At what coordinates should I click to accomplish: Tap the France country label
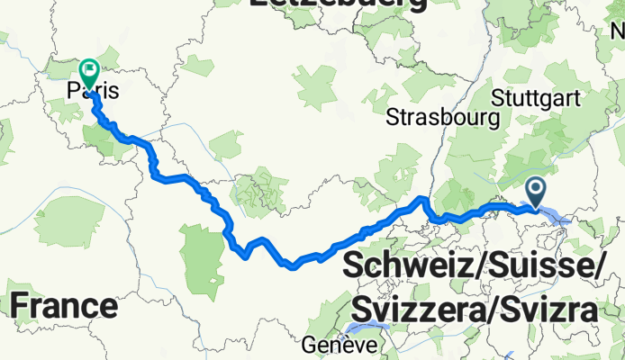click(x=64, y=306)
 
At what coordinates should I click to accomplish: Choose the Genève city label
click(x=335, y=346)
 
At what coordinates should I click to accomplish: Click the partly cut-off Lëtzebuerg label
click(x=338, y=4)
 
